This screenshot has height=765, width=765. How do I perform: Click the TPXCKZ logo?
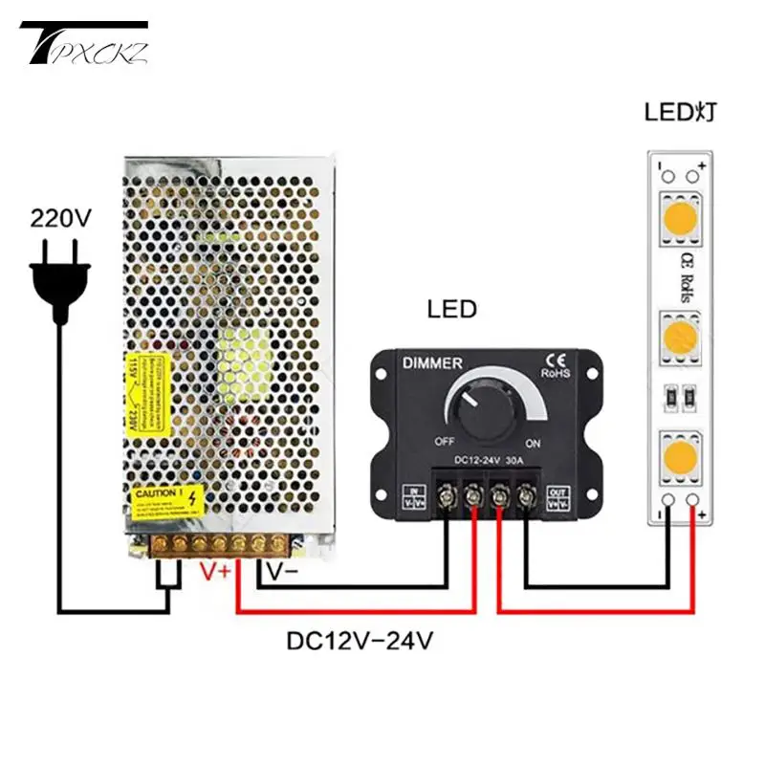(87, 44)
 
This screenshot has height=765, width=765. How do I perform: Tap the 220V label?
(60, 218)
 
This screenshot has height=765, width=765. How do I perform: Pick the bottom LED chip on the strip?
(680, 453)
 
